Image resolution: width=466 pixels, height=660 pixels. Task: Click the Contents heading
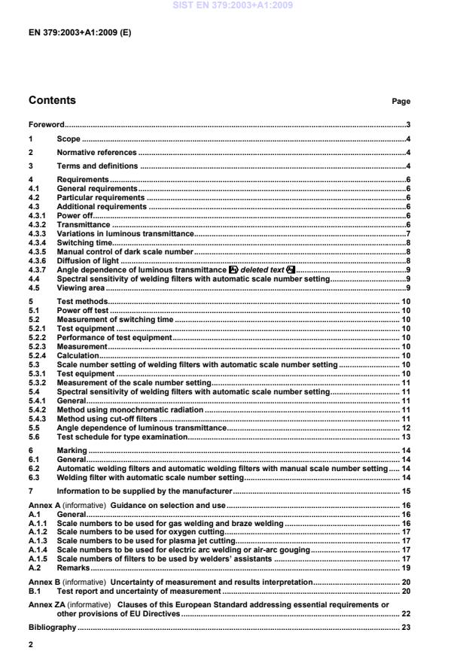[52, 100]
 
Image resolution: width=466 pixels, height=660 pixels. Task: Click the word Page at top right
[401, 102]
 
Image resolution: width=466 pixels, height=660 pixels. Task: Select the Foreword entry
[46, 124]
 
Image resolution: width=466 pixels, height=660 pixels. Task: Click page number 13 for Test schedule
[405, 437]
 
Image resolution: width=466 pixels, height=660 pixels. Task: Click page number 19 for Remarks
[405, 567]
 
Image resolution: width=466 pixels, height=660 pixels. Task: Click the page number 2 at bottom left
[31, 645]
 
